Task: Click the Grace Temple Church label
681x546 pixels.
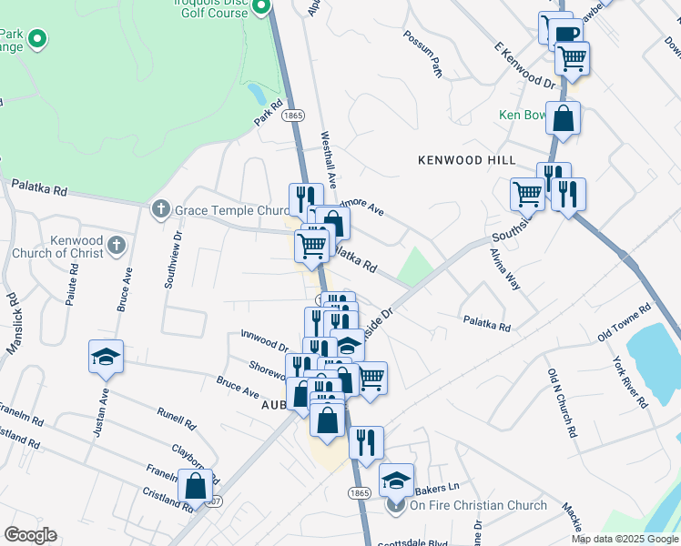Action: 232,210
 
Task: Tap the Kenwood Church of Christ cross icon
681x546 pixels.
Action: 116,245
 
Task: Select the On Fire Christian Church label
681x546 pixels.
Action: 478,506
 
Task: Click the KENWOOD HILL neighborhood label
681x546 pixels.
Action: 466,160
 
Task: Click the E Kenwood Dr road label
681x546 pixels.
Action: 524,65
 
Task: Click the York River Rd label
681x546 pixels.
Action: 630,379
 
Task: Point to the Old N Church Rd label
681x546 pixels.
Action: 563,399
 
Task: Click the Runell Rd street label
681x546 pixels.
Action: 176,418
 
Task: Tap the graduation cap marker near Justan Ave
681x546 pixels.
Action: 106,357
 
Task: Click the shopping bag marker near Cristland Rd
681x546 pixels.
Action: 195,486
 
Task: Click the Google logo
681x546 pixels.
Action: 31,535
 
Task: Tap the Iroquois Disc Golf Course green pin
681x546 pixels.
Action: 261,7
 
